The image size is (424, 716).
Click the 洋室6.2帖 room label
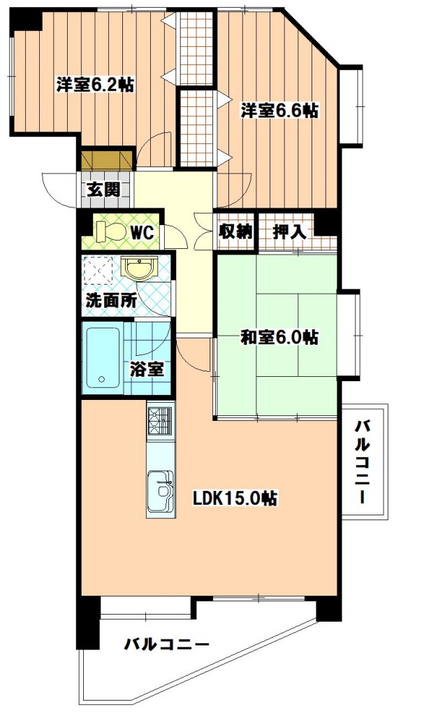(x=96, y=85)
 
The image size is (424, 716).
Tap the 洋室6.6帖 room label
(x=280, y=110)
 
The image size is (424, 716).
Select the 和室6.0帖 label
(x=279, y=338)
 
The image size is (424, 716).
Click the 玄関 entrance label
(x=104, y=189)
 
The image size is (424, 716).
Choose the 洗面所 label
(x=111, y=301)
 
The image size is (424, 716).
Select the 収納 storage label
(x=235, y=232)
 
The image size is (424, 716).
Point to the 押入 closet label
(x=289, y=232)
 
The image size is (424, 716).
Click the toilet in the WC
(x=110, y=231)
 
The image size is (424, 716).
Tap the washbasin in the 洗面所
(x=139, y=268)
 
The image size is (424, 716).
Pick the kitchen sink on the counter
(x=160, y=490)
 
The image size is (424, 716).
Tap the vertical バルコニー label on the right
(x=363, y=462)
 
